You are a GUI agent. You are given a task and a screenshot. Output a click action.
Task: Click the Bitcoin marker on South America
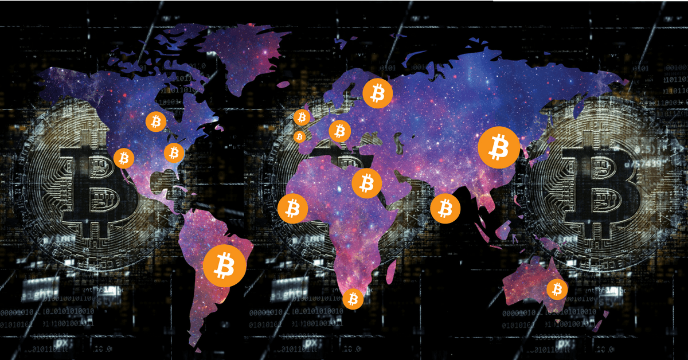[225, 266]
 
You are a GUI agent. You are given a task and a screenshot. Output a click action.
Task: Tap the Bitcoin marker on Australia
[556, 289]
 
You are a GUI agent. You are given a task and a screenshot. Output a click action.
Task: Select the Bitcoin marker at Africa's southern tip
[353, 299]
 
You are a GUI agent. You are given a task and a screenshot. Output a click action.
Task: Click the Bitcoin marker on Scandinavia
[377, 92]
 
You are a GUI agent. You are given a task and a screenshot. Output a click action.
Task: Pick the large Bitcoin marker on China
[499, 147]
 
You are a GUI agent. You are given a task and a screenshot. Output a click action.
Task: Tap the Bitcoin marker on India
[445, 208]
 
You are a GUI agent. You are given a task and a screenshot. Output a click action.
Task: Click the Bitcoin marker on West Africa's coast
[293, 208]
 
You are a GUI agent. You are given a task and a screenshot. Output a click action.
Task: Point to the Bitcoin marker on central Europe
[340, 131]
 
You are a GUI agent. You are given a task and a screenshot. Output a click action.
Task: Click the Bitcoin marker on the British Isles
[302, 118]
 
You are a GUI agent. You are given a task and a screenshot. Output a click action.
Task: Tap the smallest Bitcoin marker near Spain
[299, 137]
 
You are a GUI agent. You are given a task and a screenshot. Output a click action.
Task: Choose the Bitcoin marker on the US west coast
[124, 158]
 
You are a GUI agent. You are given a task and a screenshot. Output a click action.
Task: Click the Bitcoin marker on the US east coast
[174, 152]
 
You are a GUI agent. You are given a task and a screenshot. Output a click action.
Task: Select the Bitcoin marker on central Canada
[155, 122]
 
